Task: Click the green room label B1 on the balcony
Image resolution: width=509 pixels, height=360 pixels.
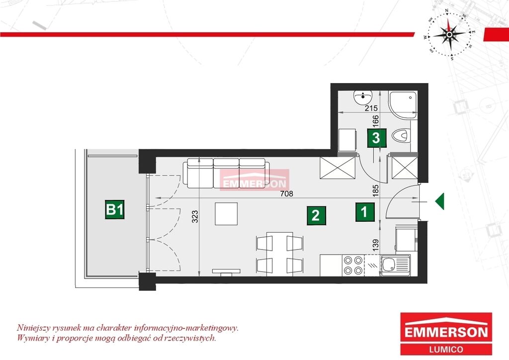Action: [x=115, y=210]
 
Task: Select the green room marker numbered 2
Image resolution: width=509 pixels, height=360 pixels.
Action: [x=316, y=215]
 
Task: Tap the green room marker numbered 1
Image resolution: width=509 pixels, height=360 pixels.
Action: [x=365, y=212]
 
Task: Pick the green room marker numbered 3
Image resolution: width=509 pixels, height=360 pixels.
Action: [x=377, y=138]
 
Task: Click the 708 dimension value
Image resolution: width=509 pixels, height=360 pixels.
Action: [x=287, y=194]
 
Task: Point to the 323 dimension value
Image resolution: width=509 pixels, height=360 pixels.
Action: [x=195, y=216]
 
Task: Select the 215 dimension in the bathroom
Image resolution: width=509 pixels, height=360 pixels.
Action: [x=371, y=108]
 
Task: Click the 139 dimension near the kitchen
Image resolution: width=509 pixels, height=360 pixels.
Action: [x=376, y=246]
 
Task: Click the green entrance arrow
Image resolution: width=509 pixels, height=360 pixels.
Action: [x=440, y=201]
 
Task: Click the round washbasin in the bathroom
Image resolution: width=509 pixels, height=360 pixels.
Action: [x=363, y=98]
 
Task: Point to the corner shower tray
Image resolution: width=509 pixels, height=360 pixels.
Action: [x=403, y=105]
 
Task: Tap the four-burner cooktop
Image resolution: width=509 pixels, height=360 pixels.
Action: [x=353, y=265]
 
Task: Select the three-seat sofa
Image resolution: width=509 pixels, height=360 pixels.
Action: [x=226, y=174]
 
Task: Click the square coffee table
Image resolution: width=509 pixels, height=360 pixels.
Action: [x=226, y=214]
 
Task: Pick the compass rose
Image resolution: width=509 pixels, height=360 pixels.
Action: [x=449, y=35]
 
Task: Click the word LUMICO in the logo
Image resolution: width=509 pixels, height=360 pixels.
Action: [x=446, y=350]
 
